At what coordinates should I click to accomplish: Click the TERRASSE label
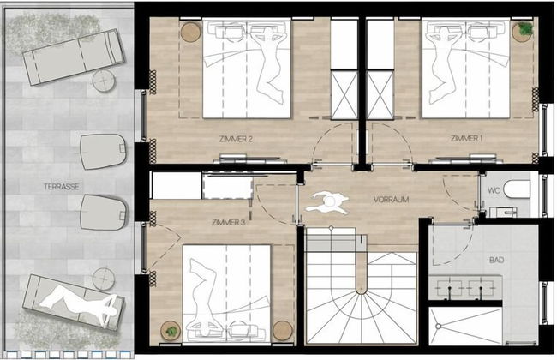click(62, 187)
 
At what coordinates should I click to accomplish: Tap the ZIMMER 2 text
click(236, 140)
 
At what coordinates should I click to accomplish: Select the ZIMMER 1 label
click(466, 138)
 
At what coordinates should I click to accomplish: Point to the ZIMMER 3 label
click(228, 223)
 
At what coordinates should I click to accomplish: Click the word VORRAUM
click(391, 200)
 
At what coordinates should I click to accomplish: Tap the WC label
click(494, 191)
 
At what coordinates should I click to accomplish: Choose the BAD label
click(496, 260)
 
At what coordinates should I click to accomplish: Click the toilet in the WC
click(518, 189)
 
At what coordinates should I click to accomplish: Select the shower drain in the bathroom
click(439, 326)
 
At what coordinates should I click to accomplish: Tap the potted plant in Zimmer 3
click(171, 331)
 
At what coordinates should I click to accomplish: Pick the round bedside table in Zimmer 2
click(191, 32)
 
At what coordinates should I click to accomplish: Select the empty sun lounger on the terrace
click(74, 57)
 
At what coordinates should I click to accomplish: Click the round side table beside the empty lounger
click(104, 81)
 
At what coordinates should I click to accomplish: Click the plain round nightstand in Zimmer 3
click(283, 331)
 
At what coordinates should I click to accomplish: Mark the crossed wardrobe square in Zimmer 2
click(344, 95)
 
